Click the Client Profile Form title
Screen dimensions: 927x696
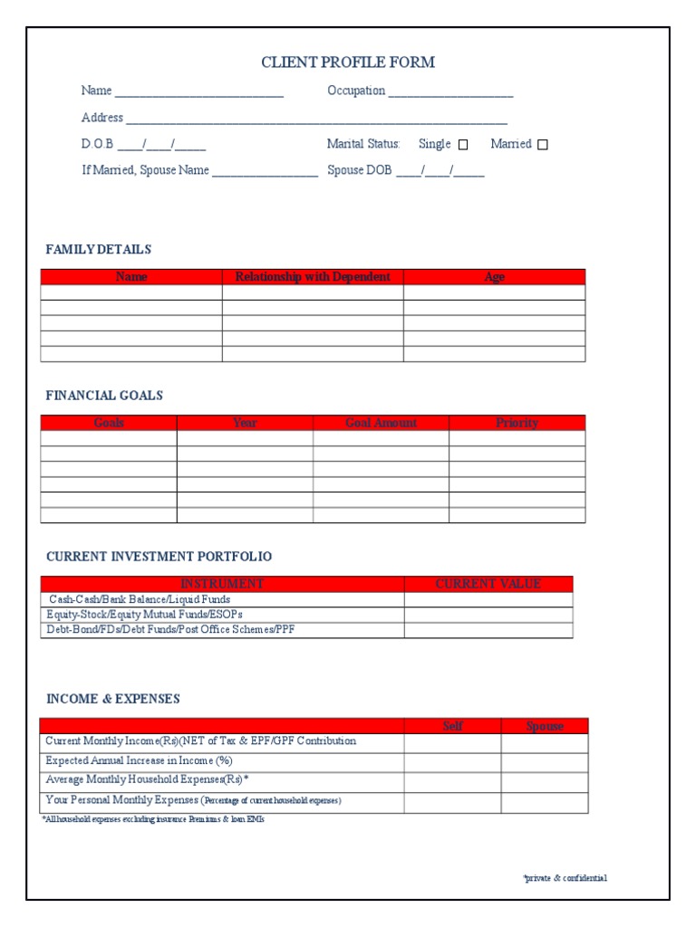348,62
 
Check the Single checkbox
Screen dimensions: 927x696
463,145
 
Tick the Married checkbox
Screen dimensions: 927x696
543,145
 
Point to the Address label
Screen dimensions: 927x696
102,118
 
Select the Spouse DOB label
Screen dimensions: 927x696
360,170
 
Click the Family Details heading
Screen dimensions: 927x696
99,250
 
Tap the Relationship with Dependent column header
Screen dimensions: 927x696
313,277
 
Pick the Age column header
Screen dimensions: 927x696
494,277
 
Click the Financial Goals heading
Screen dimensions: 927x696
104,396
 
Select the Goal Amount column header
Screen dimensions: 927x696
381,423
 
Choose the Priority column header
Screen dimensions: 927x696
517,423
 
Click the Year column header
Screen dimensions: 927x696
245,423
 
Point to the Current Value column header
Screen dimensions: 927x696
488,584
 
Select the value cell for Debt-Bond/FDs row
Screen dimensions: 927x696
488,630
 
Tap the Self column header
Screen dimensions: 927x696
452,726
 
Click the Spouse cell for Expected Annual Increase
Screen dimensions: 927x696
545,762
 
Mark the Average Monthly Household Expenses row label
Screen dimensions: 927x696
147,779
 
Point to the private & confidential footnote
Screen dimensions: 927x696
565,878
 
